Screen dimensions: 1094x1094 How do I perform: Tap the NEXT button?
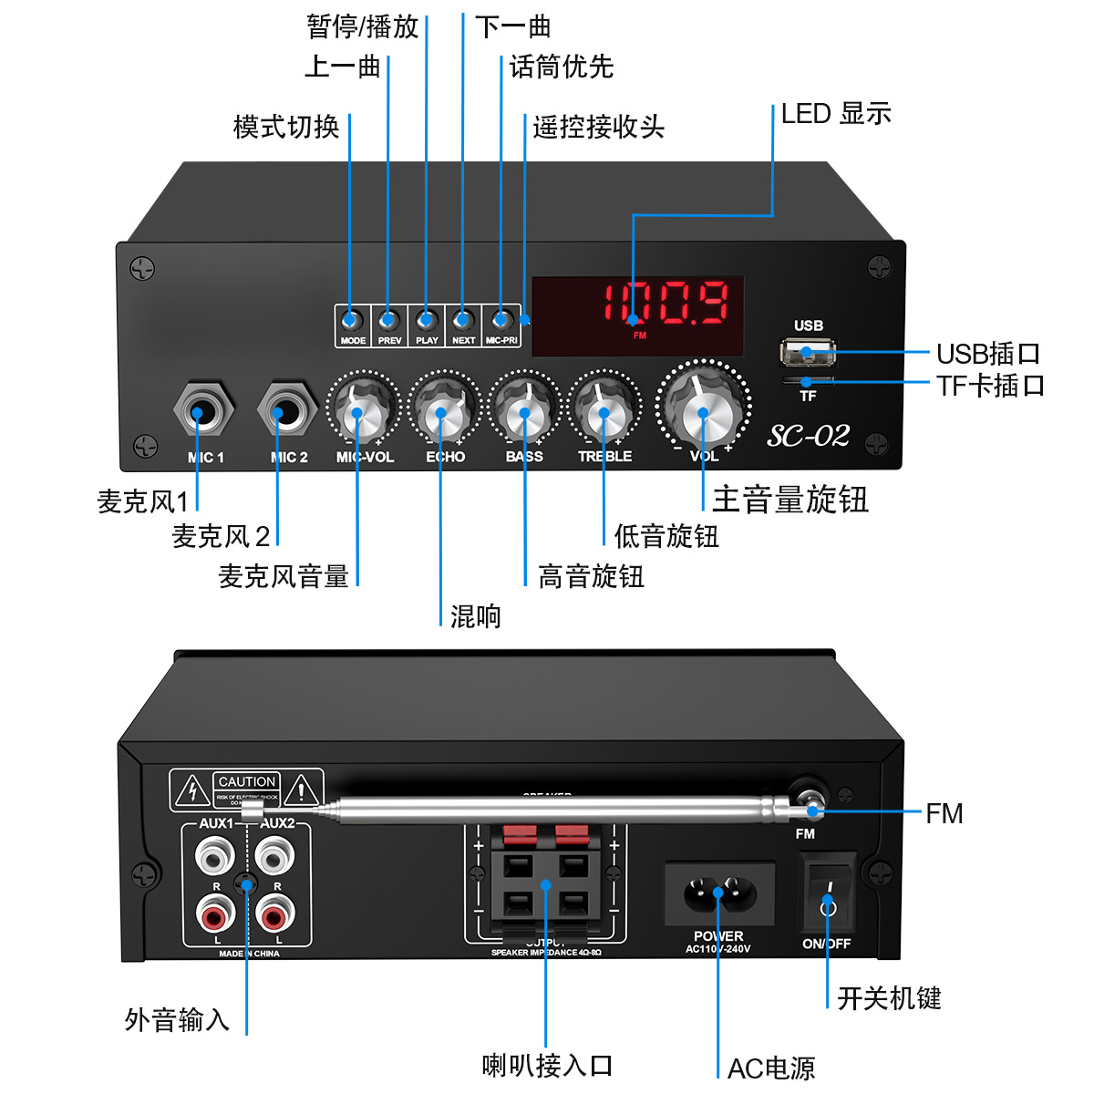tap(463, 320)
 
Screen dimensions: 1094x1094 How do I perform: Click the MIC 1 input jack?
tap(203, 412)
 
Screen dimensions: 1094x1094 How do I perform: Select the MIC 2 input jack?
tap(287, 412)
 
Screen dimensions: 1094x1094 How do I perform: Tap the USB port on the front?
tap(807, 351)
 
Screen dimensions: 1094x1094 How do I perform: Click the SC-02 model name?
tap(808, 436)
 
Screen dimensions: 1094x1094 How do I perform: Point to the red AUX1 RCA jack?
tap(215, 913)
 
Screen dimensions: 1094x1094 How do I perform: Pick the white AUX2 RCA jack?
tap(274, 856)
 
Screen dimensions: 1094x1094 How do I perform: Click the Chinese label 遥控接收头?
tap(598, 127)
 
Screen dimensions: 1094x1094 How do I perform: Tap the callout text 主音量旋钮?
tap(790, 500)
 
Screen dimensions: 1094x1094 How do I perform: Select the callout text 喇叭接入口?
tap(547, 1065)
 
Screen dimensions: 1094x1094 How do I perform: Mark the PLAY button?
tap(427, 320)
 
